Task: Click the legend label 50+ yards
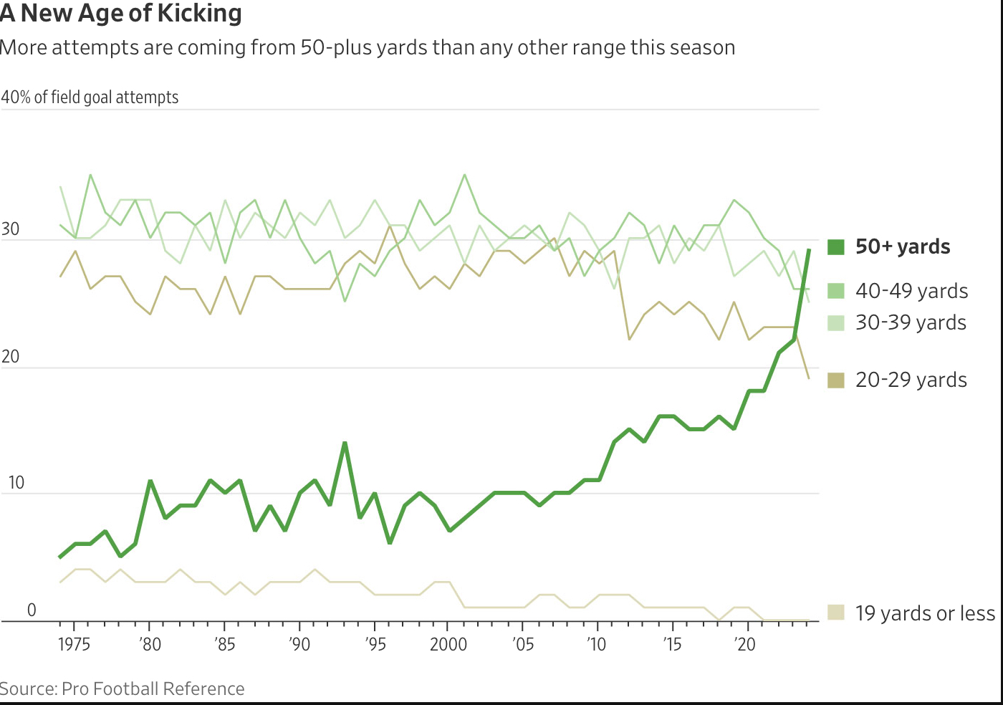(903, 247)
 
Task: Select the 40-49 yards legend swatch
(835, 291)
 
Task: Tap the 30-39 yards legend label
(911, 323)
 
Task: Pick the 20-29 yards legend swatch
(835, 380)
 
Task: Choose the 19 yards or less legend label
(925, 613)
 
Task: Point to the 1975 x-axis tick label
(74, 644)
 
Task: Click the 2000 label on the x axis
(448, 644)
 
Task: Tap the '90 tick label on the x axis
(299, 644)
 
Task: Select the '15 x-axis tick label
(671, 644)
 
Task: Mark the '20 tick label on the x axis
(745, 644)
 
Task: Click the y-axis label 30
(10, 230)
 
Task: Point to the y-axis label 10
(16, 483)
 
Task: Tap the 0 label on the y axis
(32, 610)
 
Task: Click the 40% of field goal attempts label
(90, 97)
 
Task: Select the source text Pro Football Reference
(153, 689)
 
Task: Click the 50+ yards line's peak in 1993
(345, 443)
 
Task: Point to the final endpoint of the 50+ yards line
(809, 250)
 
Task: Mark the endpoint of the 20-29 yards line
(809, 378)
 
